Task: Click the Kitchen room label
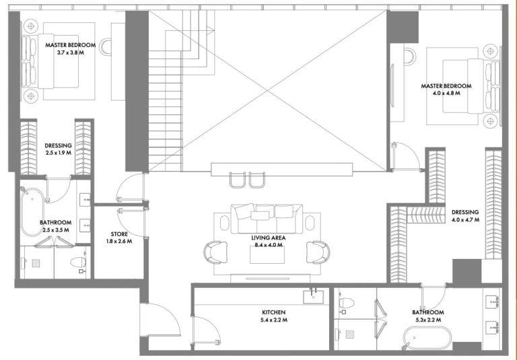[274, 312]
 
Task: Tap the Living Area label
[269, 238]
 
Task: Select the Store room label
[119, 234]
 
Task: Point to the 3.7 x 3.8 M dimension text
[71, 52]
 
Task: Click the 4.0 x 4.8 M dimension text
[446, 94]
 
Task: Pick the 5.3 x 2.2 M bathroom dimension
[427, 320]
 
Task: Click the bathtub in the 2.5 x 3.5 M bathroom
[32, 212]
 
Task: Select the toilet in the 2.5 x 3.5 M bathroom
[79, 262]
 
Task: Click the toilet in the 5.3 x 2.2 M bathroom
[347, 303]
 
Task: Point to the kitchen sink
[313, 295]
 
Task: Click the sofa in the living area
[267, 219]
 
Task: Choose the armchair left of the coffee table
[215, 252]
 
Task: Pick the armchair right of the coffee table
[318, 252]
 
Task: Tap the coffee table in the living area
[267, 255]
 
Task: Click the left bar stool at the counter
[238, 180]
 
